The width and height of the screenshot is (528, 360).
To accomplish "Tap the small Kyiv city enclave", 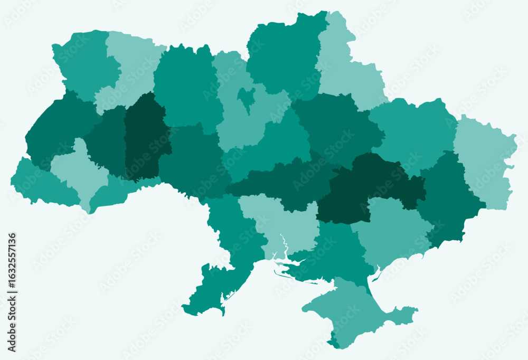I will [x=246, y=97].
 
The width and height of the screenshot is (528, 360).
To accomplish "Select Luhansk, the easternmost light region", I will [x=483, y=158].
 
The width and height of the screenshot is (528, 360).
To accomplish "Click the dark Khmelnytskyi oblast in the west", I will [x=145, y=137].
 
